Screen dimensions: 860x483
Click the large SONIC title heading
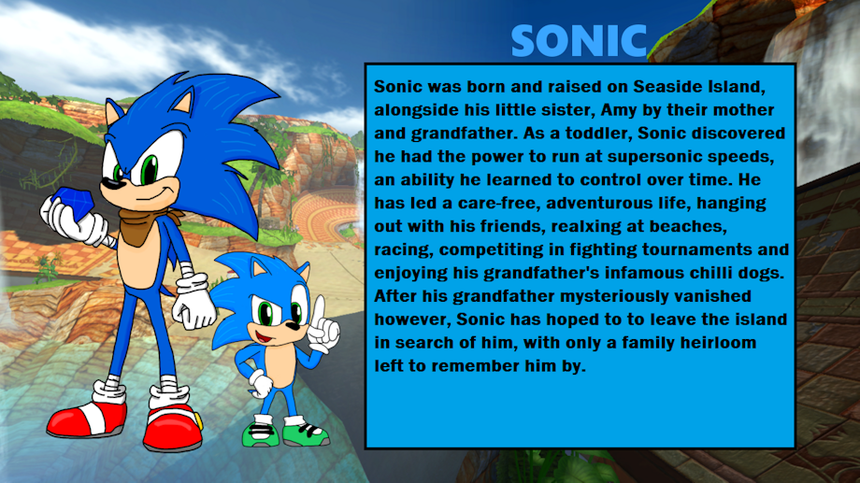[580, 40]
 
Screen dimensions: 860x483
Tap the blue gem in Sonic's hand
[75, 204]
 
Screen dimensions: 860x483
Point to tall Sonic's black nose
[111, 183]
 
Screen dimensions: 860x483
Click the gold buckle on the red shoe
[197, 421]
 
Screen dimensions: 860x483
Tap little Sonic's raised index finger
[319, 308]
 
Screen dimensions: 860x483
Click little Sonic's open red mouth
[264, 336]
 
